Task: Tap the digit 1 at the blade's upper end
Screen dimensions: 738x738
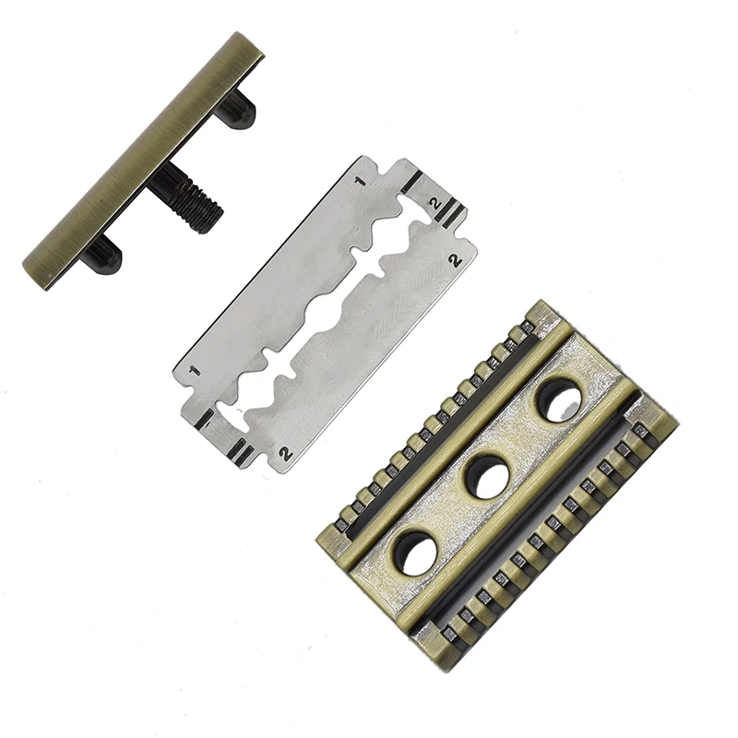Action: [x=362, y=181]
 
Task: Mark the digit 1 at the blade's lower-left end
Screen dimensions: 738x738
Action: [x=194, y=372]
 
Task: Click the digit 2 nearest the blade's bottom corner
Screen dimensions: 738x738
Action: [x=285, y=453]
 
